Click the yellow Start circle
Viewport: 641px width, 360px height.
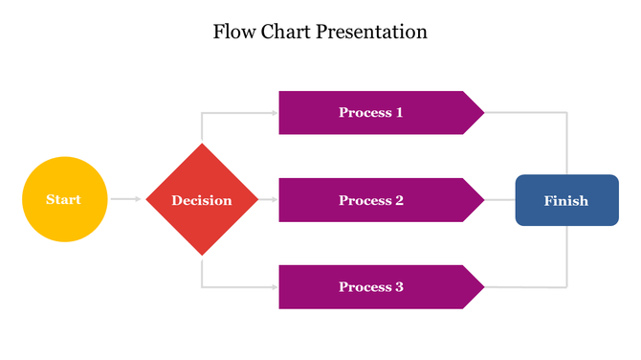click(64, 199)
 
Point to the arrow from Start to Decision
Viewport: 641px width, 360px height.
click(125, 199)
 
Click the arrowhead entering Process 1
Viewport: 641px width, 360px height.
click(275, 112)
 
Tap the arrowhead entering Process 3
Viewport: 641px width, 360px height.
click(275, 287)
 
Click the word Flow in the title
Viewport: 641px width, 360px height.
click(234, 32)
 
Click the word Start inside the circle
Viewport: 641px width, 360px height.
click(64, 199)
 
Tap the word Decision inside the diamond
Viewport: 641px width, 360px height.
click(202, 200)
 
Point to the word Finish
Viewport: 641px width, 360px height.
click(566, 200)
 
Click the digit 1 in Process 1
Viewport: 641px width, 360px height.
click(399, 112)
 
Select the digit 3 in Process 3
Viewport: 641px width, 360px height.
click(399, 287)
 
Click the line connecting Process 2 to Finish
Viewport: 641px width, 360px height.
click(500, 200)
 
